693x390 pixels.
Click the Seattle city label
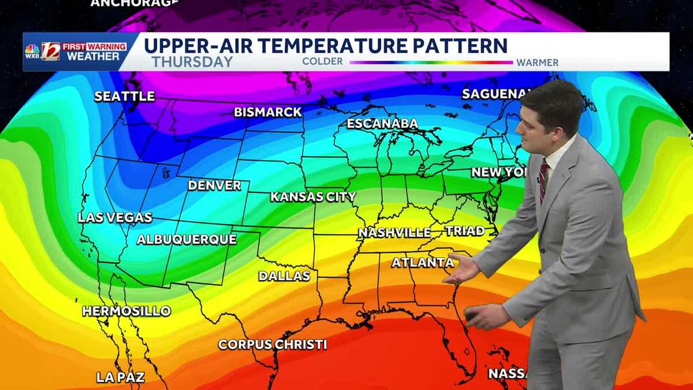pyautogui.click(x=125, y=96)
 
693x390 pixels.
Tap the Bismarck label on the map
pyautogui.click(x=268, y=112)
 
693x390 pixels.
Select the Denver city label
pyautogui.click(x=214, y=185)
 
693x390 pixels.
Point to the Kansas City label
pyautogui.click(x=313, y=197)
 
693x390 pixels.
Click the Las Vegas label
pyautogui.click(x=115, y=218)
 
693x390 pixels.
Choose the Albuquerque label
pyautogui.click(x=187, y=239)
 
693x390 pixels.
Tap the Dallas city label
pyautogui.click(x=284, y=276)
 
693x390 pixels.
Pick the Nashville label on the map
pyautogui.click(x=394, y=233)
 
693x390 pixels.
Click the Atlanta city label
pyautogui.click(x=422, y=263)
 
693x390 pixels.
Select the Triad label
pyautogui.click(x=465, y=231)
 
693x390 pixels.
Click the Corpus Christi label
pyautogui.click(x=273, y=345)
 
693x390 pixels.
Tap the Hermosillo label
pyautogui.click(x=126, y=311)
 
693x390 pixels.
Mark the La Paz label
pyautogui.click(x=120, y=377)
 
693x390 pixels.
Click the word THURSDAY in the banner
pyautogui.click(x=192, y=62)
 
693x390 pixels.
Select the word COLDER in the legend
pyautogui.click(x=323, y=62)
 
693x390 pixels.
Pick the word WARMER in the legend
pyautogui.click(x=537, y=62)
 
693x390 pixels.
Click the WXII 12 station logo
pyautogui.click(x=42, y=51)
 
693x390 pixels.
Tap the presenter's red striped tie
pyautogui.click(x=543, y=180)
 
